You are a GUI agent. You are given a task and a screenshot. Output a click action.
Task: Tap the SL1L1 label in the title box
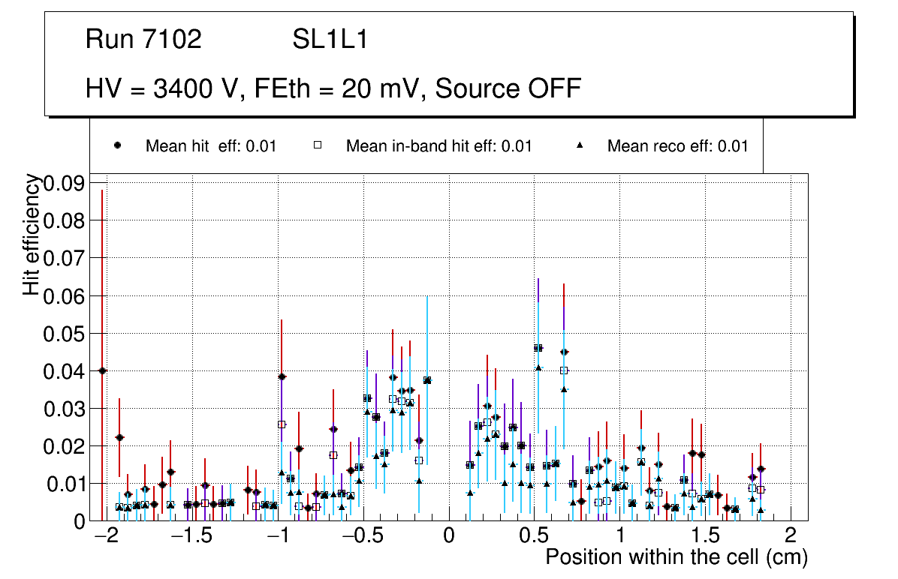click(330, 40)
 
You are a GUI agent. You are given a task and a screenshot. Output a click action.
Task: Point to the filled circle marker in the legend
click(118, 145)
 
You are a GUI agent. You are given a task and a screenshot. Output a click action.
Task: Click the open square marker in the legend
click(318, 145)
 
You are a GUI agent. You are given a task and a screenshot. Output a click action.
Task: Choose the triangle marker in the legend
click(580, 145)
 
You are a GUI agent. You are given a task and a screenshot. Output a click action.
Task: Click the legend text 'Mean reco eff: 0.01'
click(677, 146)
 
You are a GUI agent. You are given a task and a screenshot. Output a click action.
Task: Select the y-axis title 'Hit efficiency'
click(32, 234)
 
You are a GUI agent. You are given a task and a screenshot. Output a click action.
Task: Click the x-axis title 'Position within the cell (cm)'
click(676, 558)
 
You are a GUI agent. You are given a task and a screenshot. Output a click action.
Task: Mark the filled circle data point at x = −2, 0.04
click(102, 370)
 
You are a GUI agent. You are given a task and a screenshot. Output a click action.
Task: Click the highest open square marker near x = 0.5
click(538, 348)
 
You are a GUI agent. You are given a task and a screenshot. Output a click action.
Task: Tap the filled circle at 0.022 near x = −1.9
click(119, 437)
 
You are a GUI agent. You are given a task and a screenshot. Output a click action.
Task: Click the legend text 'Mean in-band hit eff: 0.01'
click(438, 146)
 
